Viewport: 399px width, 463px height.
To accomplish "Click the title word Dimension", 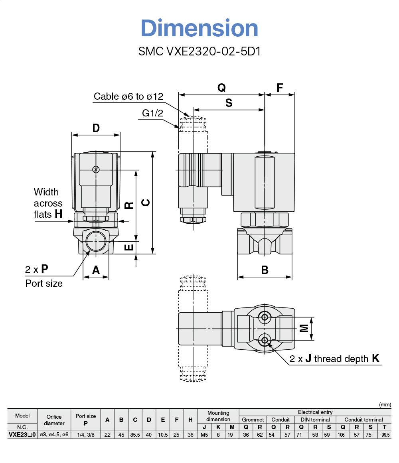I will tap(199, 28).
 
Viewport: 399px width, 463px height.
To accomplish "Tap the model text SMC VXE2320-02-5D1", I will tap(199, 51).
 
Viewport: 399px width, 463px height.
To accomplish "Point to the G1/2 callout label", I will tap(152, 113).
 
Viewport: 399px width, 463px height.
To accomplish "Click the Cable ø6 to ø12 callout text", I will tap(128, 97).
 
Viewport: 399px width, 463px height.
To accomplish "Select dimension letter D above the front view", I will tap(96, 128).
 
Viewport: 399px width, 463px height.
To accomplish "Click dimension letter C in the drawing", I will tap(146, 203).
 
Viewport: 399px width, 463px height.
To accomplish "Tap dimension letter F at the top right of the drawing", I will tap(280, 88).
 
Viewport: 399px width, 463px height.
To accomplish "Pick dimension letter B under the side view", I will tap(265, 270).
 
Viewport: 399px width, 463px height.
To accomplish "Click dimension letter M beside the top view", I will tap(304, 328).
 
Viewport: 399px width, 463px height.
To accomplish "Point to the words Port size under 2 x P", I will tap(44, 284).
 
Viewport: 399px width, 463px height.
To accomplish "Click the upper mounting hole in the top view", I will tap(264, 317).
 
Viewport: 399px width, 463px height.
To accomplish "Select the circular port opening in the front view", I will tap(96, 240).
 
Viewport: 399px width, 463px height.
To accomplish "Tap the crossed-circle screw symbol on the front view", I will tap(95, 169).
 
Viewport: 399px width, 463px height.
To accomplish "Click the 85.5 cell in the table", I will tap(135, 435).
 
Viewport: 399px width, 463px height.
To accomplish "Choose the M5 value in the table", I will tap(204, 435).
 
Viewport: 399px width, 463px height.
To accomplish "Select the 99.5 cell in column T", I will tap(384, 435).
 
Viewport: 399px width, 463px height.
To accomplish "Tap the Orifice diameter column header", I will tap(54, 420).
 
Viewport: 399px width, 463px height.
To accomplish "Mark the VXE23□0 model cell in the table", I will tap(22, 435).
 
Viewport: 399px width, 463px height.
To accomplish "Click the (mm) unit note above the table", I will tap(385, 404).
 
